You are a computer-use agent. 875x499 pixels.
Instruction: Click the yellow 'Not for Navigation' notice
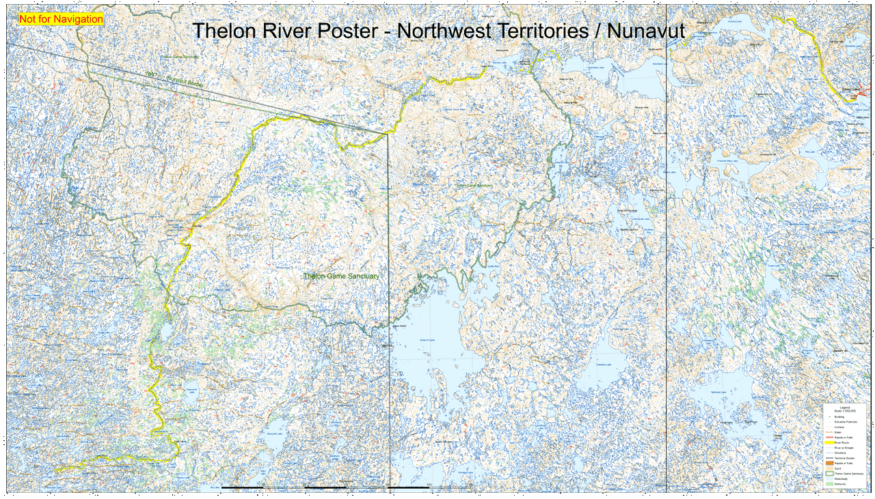[61, 19]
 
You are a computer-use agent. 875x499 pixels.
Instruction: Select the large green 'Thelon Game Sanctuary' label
[341, 276]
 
